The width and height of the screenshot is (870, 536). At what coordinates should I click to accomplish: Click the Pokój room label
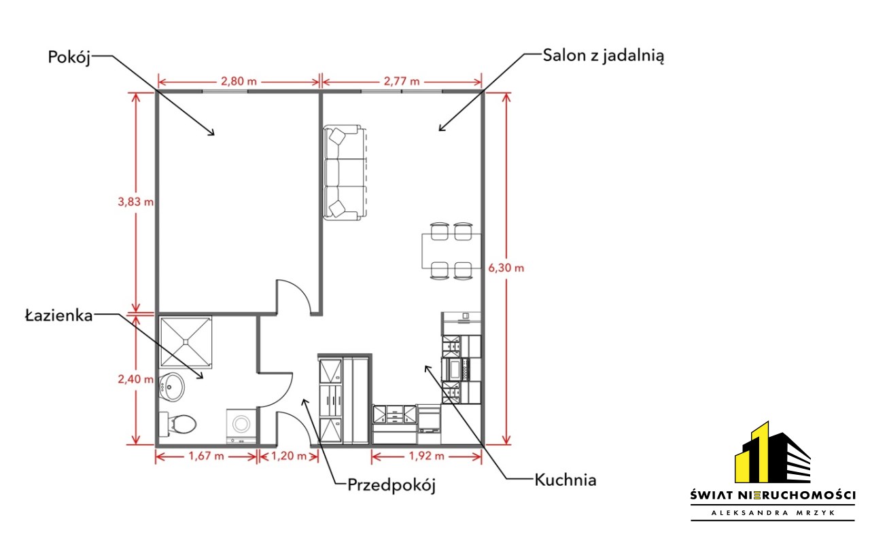click(69, 58)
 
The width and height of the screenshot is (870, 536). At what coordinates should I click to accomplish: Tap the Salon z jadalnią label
click(603, 56)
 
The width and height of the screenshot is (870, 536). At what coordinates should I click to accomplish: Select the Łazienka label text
click(59, 315)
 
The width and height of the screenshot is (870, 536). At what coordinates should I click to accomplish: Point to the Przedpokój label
click(391, 485)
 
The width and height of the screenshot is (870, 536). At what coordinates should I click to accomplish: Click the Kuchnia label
click(565, 480)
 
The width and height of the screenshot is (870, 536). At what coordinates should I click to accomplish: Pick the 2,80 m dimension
click(239, 82)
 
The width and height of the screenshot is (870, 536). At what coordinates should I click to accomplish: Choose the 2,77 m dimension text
click(402, 82)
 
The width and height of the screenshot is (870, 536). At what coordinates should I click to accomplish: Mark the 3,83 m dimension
click(135, 202)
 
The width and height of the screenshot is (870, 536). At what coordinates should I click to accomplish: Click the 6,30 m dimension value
click(506, 268)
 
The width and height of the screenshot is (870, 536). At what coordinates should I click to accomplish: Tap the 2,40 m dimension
click(135, 379)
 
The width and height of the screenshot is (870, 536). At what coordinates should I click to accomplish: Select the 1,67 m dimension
click(206, 456)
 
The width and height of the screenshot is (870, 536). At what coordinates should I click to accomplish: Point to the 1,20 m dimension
click(289, 456)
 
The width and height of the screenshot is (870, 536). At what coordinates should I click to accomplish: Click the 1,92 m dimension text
click(426, 456)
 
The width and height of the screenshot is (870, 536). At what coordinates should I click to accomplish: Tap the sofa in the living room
click(345, 173)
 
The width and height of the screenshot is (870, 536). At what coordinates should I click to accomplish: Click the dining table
click(451, 251)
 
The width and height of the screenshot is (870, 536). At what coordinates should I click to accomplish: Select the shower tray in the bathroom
click(186, 342)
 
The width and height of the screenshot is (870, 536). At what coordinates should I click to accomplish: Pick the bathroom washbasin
click(171, 387)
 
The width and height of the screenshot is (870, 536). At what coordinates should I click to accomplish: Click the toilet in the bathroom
click(178, 424)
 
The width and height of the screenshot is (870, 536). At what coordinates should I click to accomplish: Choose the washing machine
click(241, 425)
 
